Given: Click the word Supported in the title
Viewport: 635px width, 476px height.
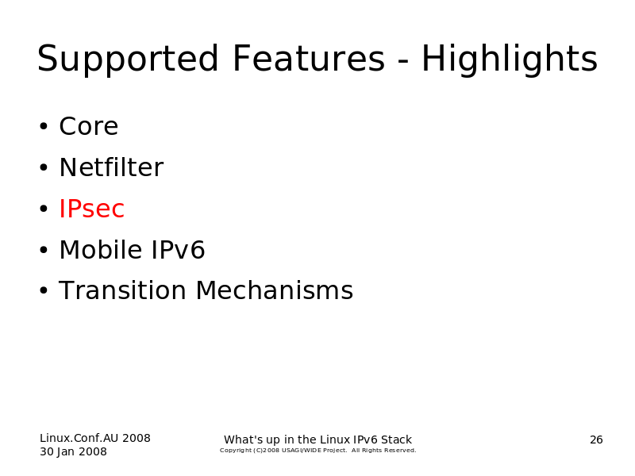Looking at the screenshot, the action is [128, 59].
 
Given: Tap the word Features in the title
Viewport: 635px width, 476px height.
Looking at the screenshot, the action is [309, 58].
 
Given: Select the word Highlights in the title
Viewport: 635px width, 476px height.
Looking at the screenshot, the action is [510, 59].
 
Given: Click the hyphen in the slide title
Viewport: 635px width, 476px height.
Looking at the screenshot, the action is [403, 61].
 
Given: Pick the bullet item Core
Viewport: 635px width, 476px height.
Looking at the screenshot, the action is [89, 126].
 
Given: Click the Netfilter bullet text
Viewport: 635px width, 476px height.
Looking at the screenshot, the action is [111, 167].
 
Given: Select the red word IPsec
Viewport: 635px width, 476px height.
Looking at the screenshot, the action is [91, 209].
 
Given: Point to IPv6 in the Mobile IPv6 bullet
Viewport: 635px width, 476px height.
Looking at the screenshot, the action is [178, 249].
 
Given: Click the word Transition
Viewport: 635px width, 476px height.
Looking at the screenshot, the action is [122, 290].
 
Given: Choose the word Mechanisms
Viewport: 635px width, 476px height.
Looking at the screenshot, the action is [275, 290].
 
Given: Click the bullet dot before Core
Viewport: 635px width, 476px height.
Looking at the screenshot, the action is [44, 126].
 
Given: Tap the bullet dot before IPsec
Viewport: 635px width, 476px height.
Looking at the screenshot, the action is [44, 209].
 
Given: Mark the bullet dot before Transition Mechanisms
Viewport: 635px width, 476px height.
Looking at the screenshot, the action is [44, 290].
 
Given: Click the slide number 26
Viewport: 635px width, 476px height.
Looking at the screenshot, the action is [596, 440].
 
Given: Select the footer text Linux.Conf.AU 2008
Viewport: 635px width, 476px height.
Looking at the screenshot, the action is [95, 438].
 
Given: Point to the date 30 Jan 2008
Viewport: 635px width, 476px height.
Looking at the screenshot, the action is [73, 451].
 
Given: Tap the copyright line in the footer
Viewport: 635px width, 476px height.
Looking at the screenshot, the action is [318, 450].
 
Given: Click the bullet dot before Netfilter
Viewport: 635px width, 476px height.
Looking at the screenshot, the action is [44, 167].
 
